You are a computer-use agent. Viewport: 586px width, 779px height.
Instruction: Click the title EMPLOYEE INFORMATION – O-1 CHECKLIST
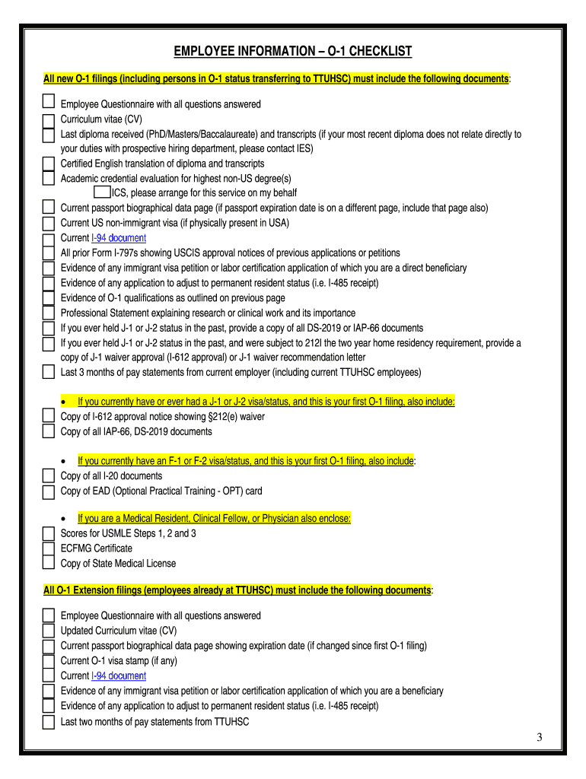coord(293,52)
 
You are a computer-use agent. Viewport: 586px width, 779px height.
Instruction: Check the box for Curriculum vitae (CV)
coord(48,119)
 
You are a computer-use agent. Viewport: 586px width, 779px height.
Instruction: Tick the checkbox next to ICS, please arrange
coord(101,192)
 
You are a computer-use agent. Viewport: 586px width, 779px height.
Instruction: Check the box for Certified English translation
coord(48,164)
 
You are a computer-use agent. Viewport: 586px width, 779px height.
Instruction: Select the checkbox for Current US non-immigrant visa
coord(48,223)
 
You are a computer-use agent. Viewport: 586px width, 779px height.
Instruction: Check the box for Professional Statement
coord(48,313)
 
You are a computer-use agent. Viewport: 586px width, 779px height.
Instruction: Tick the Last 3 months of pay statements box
coord(48,372)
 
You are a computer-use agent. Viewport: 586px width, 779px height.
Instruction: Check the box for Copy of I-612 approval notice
coord(48,417)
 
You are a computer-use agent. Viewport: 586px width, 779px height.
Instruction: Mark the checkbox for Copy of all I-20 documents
coord(48,476)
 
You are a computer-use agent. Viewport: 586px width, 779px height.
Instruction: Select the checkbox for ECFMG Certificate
coord(48,548)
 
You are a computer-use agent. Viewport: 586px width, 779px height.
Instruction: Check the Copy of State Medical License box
coord(48,564)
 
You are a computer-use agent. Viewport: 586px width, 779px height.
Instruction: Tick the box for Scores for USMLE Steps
coord(48,533)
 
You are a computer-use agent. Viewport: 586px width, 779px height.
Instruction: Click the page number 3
coord(538,738)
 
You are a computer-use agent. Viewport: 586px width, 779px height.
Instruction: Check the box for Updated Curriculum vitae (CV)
coord(48,631)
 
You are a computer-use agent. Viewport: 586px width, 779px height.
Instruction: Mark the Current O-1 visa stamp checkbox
coord(48,660)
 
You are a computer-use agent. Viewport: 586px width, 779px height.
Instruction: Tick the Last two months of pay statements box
coord(48,720)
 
